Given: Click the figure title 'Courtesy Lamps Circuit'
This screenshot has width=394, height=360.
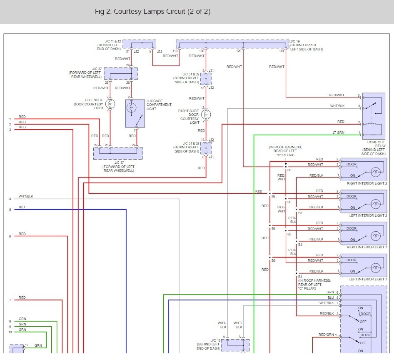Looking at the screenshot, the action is (x=149, y=12).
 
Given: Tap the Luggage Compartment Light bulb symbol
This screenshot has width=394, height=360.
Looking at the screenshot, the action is (x=132, y=108).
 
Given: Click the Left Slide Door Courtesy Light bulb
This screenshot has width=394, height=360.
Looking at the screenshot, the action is (x=110, y=104).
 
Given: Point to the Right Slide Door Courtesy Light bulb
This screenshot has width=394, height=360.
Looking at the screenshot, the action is (x=206, y=115).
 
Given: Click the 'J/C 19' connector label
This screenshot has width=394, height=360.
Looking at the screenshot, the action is (x=295, y=41).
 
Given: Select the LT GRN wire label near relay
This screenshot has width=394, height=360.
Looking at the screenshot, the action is (x=339, y=132).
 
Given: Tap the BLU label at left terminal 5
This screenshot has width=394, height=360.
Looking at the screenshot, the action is (x=22, y=207).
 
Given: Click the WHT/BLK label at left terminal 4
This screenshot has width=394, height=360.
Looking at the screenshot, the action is (x=26, y=196).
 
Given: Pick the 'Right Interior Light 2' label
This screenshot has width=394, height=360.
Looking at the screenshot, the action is (x=367, y=183).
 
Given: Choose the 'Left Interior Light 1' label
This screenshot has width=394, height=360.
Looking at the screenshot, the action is (x=368, y=279).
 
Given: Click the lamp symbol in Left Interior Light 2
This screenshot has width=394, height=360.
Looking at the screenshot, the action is (x=375, y=204).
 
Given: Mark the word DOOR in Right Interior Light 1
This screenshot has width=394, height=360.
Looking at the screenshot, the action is (x=351, y=228).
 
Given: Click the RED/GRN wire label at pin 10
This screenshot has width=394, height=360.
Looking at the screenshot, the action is (x=326, y=335).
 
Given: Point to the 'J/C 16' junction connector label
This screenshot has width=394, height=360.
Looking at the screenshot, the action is (x=216, y=340).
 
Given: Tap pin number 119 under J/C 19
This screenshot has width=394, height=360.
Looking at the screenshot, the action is (x=282, y=51).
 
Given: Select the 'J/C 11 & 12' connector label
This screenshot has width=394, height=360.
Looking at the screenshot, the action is (x=113, y=41).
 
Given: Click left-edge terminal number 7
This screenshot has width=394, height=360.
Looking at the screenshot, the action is (x=10, y=300).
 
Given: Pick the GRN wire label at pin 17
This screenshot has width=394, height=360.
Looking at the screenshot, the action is (x=38, y=345).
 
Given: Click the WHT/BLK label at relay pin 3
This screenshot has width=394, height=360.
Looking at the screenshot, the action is (x=337, y=106).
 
